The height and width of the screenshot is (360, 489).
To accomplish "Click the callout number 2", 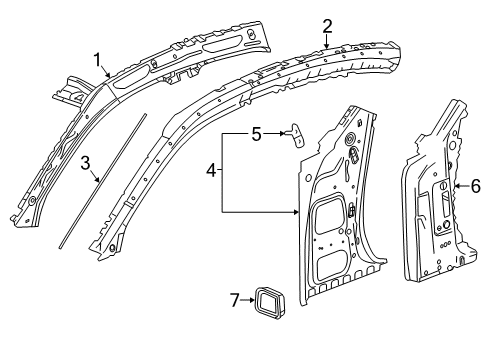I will tap(326, 27).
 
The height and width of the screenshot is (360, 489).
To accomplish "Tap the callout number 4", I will tap(211, 171).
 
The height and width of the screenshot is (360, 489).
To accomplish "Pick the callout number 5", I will tap(257, 132).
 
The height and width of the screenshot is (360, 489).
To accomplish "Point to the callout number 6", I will tap(475, 186).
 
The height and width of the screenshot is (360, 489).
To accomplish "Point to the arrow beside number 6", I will tap(461, 186).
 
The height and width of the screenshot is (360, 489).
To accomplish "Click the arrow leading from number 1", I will tap(107, 73).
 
